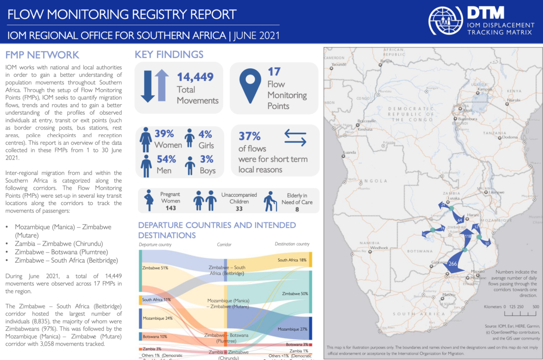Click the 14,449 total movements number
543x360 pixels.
click(195, 77)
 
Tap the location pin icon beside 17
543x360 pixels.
click(250, 85)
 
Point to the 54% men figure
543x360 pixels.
click(166, 159)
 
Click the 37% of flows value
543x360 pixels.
click(249, 137)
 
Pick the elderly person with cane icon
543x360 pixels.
click(270, 201)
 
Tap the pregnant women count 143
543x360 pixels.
click(170, 208)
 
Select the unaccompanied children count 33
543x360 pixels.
click(239, 208)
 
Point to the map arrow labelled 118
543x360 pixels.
click(468, 236)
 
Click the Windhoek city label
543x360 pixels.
click(379, 248)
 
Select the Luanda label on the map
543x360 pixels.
click(349, 152)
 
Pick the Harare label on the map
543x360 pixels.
click(473, 215)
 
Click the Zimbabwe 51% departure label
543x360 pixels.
click(155, 268)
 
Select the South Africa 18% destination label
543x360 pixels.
click(292, 260)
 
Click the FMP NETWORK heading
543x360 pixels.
click(42, 55)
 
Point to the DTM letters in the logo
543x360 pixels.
click(485, 13)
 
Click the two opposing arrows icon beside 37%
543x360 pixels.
click(295, 138)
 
